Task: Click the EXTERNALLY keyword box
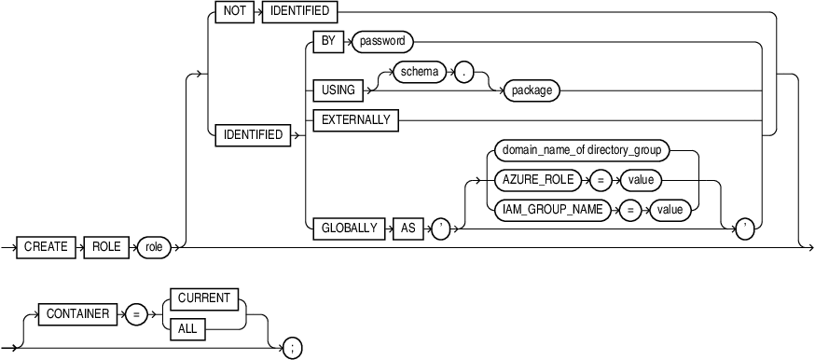click(x=354, y=118)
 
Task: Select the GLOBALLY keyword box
click(x=346, y=228)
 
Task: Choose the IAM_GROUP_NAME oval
click(x=552, y=210)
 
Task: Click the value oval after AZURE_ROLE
click(x=641, y=179)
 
